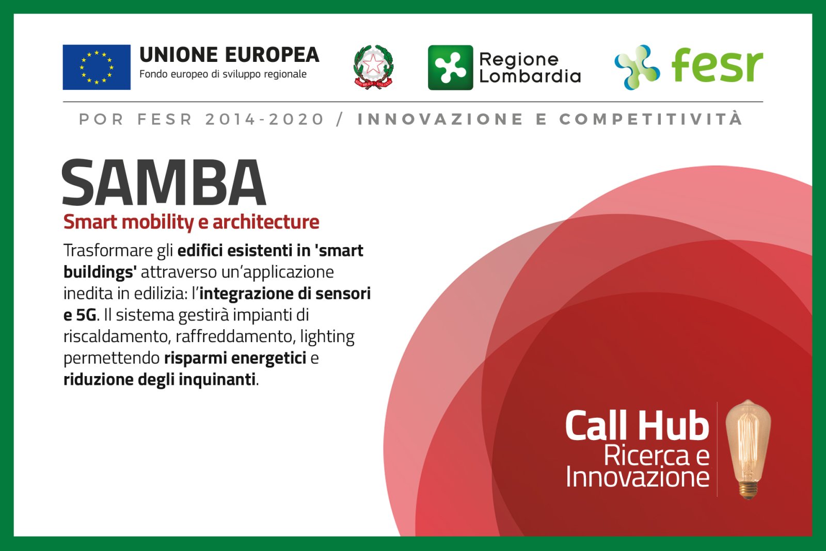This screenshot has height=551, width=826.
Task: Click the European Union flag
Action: pyautogui.click(x=97, y=67)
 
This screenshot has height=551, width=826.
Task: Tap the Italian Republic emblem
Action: pyautogui.click(x=374, y=67)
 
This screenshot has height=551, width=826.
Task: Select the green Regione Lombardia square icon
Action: pyautogui.click(x=450, y=68)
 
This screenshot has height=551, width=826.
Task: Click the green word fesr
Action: pyautogui.click(x=717, y=65)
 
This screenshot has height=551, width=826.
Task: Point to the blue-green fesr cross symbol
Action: pyautogui.click(x=637, y=68)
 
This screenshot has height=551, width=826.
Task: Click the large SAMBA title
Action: pyautogui.click(x=164, y=182)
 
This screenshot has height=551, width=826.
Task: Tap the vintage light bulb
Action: pyautogui.click(x=748, y=449)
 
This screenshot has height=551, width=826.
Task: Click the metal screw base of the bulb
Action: pyautogui.click(x=748, y=490)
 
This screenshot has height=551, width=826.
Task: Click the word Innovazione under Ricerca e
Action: pyautogui.click(x=638, y=477)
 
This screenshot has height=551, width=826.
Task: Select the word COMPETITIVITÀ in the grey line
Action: pyautogui.click(x=651, y=119)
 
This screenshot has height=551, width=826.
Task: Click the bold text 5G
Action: pyautogui.click(x=86, y=315)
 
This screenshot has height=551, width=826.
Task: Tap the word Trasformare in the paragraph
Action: pyautogui.click(x=108, y=251)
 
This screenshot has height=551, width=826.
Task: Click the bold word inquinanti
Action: pyautogui.click(x=217, y=379)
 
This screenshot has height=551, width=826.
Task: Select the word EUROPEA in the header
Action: pyautogui.click(x=272, y=55)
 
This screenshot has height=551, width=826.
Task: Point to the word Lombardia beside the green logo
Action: pyautogui.click(x=530, y=76)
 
